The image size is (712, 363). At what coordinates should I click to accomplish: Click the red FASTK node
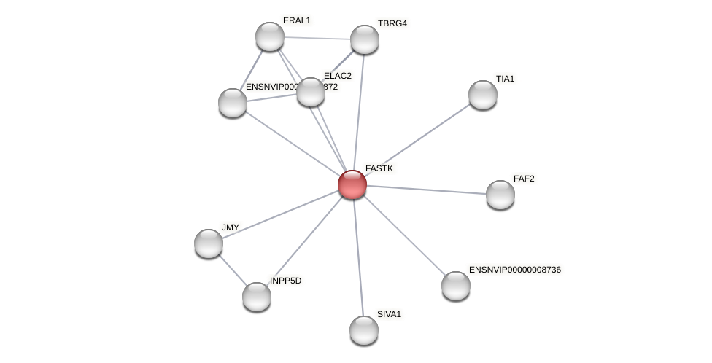pos(352,184)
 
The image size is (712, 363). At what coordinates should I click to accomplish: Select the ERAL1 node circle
pos(269,36)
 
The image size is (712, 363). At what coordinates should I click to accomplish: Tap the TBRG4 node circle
pos(364,39)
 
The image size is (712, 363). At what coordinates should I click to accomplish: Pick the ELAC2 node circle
pos(310,92)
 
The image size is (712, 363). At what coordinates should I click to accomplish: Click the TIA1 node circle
pos(482,95)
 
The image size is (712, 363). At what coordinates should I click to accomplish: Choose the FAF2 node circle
pos(500,195)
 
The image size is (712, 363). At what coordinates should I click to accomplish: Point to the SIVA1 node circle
pos(363,330)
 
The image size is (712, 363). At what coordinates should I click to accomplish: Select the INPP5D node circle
pos(256,297)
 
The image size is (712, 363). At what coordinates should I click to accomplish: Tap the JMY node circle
pos(209,243)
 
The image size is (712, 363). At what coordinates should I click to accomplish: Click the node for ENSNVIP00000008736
pos(455,286)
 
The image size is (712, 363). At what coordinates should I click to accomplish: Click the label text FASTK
pos(379,168)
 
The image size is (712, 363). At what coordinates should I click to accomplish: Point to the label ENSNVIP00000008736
pos(515,270)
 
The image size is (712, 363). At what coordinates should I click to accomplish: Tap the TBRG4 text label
pos(392,23)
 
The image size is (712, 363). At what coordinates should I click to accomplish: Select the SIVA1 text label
pos(389,314)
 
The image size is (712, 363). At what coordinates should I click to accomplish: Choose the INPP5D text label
pos(285,281)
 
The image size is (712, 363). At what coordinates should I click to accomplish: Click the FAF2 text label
pos(524,179)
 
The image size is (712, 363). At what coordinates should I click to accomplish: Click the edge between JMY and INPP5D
pos(233,270)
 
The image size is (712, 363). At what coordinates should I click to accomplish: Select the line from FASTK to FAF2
pos(427,190)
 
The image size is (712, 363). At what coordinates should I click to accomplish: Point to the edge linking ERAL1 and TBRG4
pos(317,38)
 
